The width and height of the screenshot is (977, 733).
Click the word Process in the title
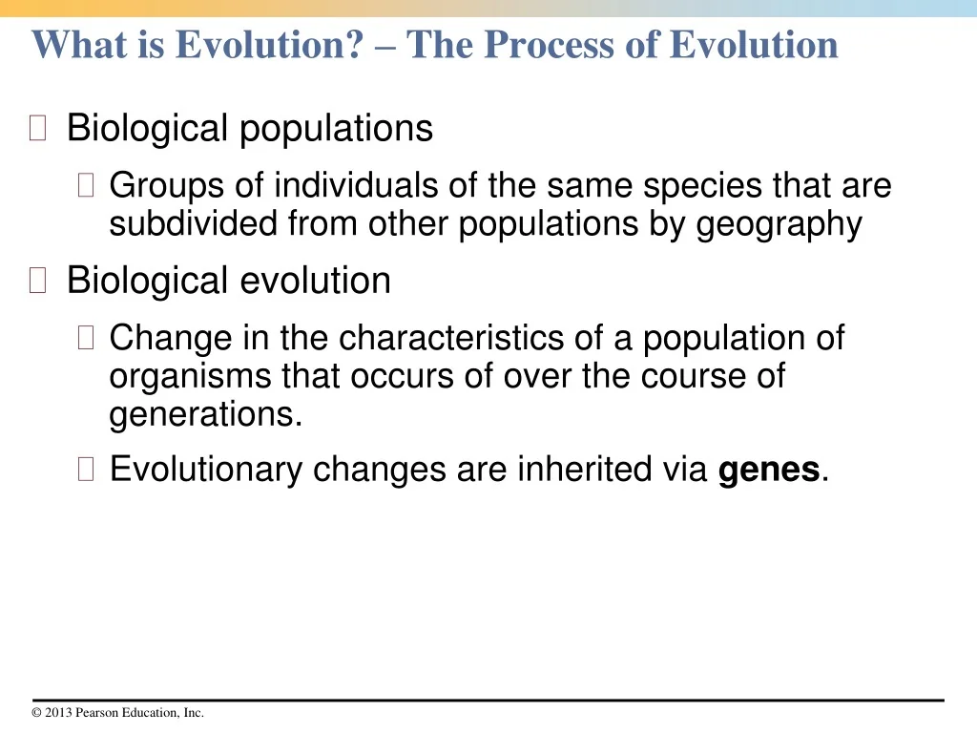click(550, 45)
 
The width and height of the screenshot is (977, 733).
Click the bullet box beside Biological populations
click(37, 128)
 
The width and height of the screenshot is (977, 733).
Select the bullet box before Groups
click(86, 185)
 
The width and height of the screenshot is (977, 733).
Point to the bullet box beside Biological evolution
click(37, 280)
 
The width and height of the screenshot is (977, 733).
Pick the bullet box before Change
click(86, 337)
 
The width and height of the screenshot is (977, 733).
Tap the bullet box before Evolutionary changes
click(86, 469)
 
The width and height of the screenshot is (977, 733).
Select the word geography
click(779, 225)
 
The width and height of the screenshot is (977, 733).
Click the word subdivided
click(193, 223)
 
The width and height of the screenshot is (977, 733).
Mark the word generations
click(206, 415)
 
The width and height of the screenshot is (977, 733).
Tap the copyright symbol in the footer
click(36, 712)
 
